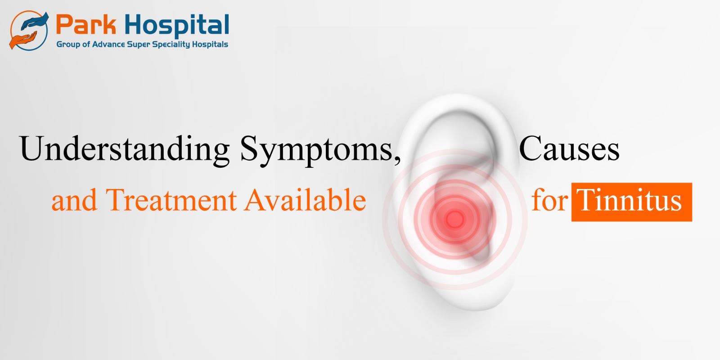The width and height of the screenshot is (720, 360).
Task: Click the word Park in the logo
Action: (86, 24)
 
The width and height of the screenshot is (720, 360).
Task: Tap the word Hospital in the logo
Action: (177, 26)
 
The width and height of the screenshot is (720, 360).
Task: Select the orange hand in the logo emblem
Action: (22, 40)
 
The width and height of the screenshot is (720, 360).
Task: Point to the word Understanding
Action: (124, 149)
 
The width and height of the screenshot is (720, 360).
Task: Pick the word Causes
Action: (569, 148)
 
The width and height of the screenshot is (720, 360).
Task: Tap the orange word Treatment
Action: (171, 200)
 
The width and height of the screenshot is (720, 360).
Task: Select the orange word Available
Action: (305, 199)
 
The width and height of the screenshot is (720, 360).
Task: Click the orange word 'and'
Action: (74, 200)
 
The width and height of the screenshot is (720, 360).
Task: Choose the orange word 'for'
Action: (549, 199)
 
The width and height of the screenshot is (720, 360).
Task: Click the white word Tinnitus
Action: (629, 200)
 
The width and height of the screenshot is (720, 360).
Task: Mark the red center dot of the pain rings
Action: (455, 219)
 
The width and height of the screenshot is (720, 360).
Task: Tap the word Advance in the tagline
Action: (108, 45)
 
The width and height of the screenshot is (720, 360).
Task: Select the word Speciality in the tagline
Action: (171, 45)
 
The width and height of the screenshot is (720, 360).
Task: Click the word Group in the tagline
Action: (68, 45)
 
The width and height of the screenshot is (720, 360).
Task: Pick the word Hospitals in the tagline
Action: (210, 45)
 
